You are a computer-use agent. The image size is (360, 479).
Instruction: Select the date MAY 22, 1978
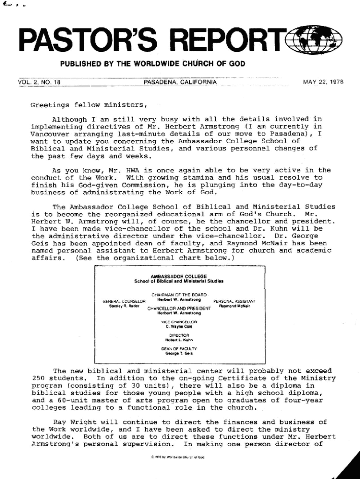coord(323,82)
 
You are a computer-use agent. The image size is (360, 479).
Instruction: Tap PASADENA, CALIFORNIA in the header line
coord(180,82)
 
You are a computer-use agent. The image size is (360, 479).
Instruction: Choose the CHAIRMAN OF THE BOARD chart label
coord(179,294)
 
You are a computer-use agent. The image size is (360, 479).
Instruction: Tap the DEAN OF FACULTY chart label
coord(179,349)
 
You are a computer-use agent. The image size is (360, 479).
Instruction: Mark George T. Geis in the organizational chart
coord(179,354)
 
